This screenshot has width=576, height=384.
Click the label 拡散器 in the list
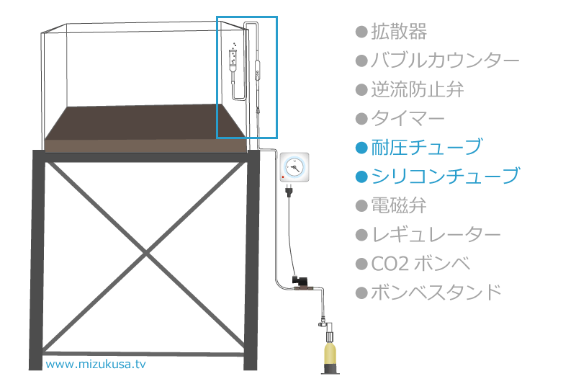click(399, 32)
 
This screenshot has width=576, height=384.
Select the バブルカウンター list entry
click(445, 61)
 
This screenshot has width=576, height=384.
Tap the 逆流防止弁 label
click(418, 89)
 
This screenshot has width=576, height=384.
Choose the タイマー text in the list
click(408, 119)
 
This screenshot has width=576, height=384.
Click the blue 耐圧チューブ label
click(426, 148)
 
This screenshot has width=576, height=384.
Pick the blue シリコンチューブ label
click(446, 177)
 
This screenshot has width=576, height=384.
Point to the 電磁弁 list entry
click(399, 205)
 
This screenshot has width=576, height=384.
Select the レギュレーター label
click(436, 234)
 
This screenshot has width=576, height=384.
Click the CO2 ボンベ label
click(420, 264)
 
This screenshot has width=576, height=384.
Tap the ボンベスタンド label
click(436, 293)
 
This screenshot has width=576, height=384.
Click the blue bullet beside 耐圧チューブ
click(361, 148)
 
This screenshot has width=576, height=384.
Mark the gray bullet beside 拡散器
click(361, 32)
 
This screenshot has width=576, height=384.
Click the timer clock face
click(294, 167)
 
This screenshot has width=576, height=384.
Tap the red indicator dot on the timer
click(283, 177)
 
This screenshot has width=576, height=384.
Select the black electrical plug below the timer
click(289, 191)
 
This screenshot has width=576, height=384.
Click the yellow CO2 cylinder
click(330, 353)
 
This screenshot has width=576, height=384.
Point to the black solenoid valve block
click(297, 280)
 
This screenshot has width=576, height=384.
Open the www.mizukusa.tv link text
click(96, 364)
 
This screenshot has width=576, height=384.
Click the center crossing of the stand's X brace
click(146, 253)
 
